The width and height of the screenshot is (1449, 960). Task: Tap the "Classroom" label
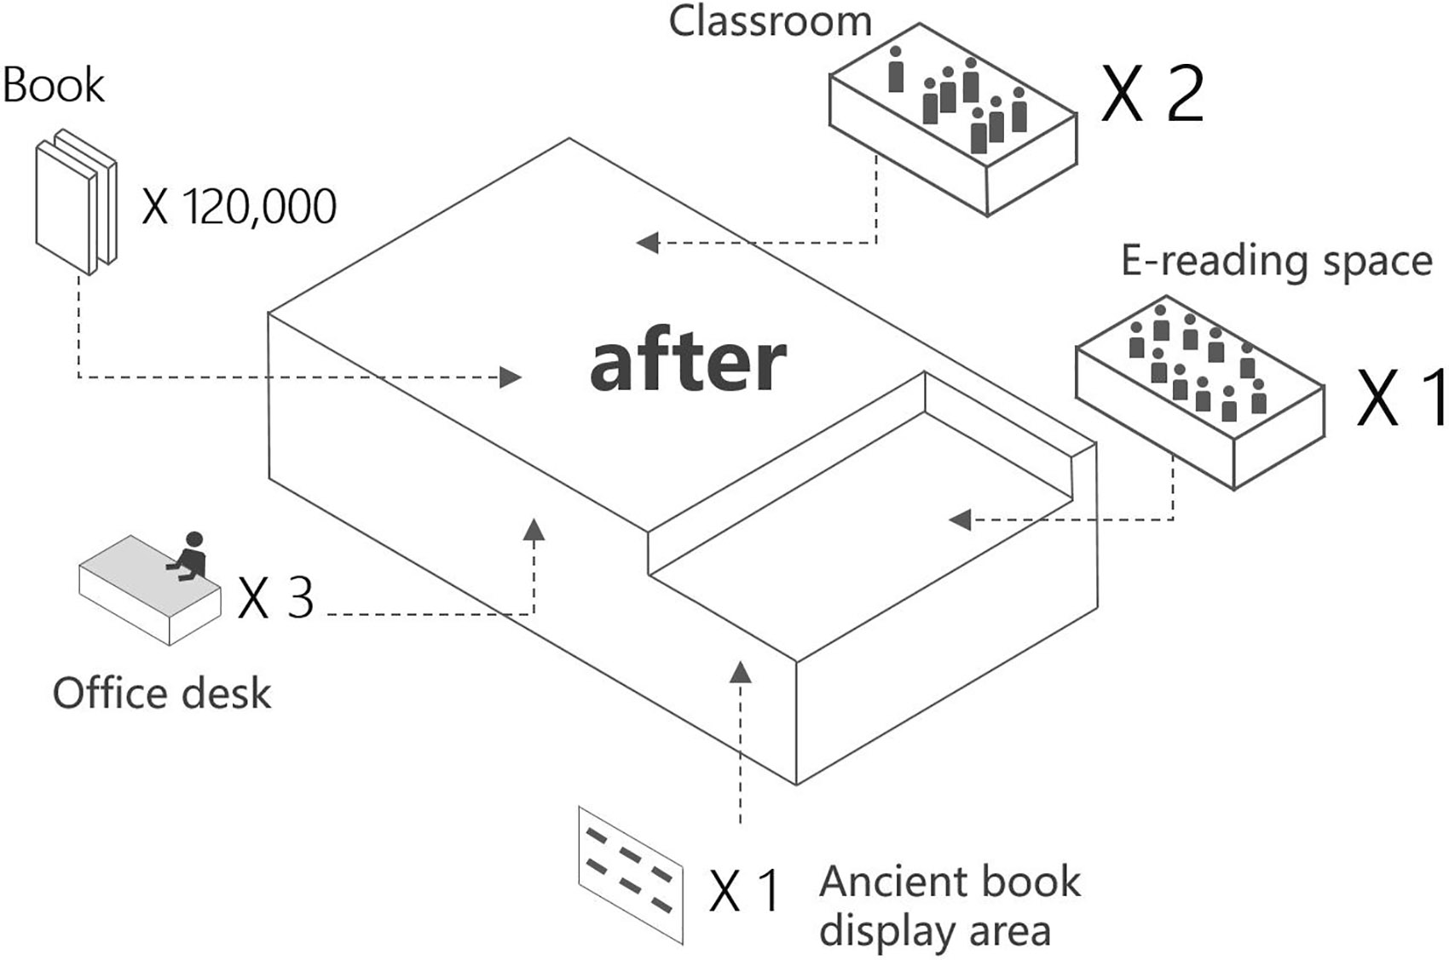point(770,21)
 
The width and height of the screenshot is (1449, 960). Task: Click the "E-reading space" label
point(1277,262)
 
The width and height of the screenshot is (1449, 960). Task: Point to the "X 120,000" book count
point(240,207)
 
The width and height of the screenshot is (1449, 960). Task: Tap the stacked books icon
point(77,202)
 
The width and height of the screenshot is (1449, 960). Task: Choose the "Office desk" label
point(162,693)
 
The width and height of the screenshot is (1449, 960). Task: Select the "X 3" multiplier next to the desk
point(275,598)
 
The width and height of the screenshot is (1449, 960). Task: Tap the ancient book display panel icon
point(631,876)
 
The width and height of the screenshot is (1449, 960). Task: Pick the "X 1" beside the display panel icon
point(744,891)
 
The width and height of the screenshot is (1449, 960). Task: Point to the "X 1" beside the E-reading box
point(1401,398)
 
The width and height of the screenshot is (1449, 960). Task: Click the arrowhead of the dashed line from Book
point(511,377)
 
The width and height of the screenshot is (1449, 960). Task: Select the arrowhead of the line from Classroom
point(648,243)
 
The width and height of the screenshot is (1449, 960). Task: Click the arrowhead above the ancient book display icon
point(741,672)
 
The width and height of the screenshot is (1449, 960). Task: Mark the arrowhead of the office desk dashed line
point(534,530)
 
